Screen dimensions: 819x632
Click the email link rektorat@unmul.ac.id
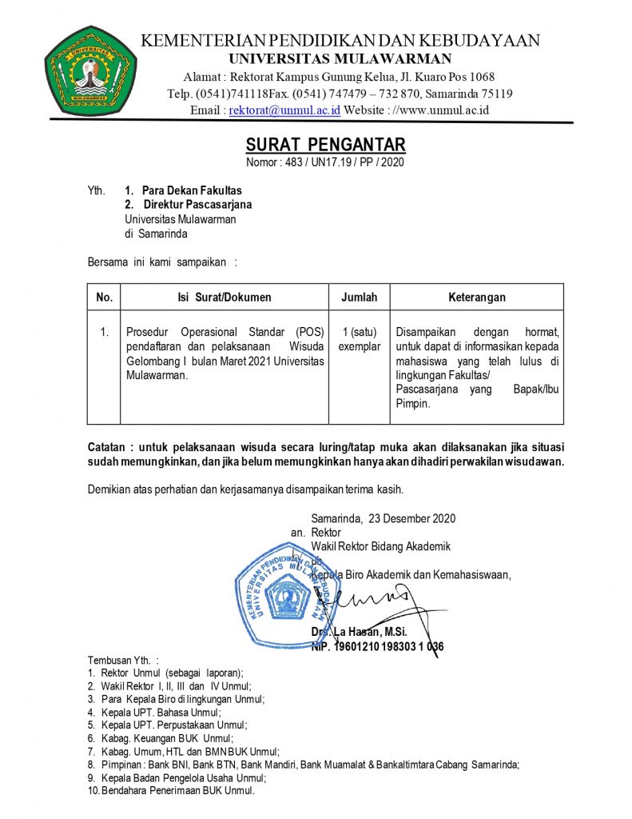tap(284, 110)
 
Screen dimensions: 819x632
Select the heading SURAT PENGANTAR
tap(325, 145)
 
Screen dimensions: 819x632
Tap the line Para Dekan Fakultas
tap(191, 190)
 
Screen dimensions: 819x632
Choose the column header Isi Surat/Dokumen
tap(224, 298)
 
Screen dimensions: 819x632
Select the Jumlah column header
tap(359, 298)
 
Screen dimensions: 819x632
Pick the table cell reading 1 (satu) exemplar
tap(359, 339)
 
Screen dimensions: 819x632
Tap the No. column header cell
tap(104, 298)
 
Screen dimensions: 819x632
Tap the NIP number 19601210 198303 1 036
tap(377, 647)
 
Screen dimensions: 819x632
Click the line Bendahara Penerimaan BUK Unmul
tap(171, 790)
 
